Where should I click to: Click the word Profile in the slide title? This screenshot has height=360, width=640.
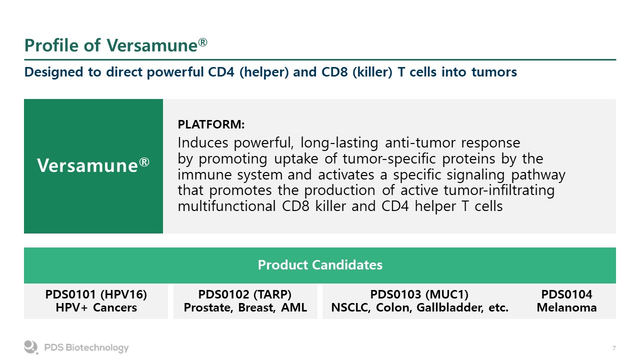51,45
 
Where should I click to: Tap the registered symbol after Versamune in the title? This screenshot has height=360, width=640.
202,42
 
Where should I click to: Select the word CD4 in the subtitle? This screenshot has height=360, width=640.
221,71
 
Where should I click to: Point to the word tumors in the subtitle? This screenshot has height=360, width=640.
494,72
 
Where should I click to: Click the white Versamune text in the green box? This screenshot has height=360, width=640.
93,165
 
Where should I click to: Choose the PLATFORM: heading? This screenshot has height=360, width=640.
211,124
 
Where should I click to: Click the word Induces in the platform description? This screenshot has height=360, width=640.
203,142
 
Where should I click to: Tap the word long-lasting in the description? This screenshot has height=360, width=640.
339,143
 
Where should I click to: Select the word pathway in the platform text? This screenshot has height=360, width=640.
538,175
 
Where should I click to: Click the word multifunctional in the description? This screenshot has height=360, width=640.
226,206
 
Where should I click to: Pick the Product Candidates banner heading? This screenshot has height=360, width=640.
320,265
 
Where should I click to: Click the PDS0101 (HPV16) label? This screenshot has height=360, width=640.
96,294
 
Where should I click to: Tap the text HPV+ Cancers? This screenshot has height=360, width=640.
96,307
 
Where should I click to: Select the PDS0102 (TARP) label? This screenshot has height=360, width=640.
245,294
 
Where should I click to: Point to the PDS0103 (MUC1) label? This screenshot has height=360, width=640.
419,294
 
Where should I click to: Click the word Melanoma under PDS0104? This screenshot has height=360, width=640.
567,307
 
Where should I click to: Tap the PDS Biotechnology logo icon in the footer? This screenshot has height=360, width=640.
31,347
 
